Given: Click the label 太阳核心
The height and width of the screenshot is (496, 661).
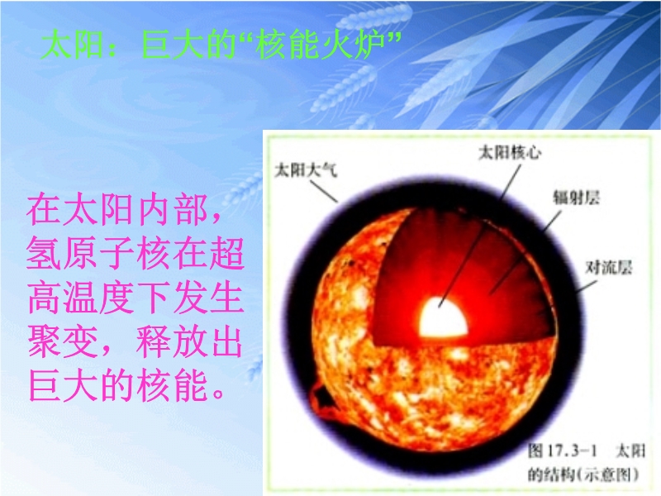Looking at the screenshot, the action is pos(510,152).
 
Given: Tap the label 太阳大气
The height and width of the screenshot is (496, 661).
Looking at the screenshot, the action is pos(306,170).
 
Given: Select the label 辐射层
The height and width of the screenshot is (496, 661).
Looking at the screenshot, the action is pos(576,197).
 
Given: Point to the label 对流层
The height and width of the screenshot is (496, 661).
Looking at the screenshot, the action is pos(609,267).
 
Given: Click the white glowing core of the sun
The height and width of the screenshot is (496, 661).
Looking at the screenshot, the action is pos(443,317).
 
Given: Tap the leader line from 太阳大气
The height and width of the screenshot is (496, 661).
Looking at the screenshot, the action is pos(324,191).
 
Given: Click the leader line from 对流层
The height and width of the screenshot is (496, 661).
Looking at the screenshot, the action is pos(587,286).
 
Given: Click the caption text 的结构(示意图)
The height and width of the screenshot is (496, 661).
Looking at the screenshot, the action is pos(583,475).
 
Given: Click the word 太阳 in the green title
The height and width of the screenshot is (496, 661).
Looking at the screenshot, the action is pos(73,44).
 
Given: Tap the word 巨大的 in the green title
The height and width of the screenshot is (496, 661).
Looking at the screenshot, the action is pos(188,44).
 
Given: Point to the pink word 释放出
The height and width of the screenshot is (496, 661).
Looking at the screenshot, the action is pos(190,341).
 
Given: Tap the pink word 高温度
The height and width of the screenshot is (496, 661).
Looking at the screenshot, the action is pos(81,298).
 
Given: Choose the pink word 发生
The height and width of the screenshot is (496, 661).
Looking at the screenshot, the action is pos(208,298).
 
